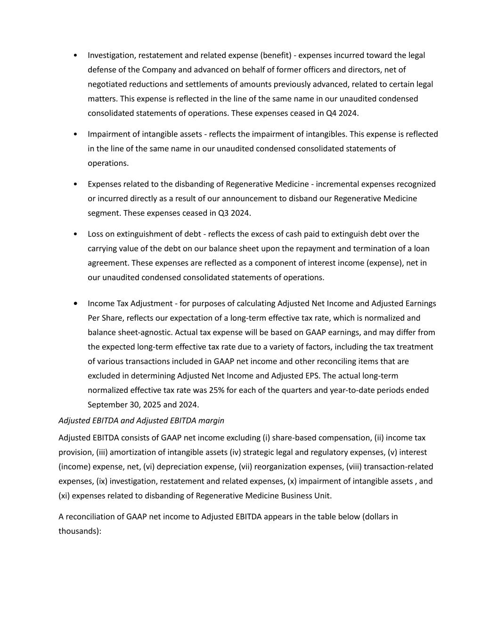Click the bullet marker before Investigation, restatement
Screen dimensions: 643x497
coord(76,56)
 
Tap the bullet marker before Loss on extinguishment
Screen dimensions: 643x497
coord(76,234)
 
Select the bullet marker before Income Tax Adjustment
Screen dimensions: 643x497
coord(76,303)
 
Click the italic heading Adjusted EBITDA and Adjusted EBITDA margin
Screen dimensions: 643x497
coord(141,420)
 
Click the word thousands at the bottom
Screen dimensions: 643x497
coord(79,531)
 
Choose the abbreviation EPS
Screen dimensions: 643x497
coord(312,375)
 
